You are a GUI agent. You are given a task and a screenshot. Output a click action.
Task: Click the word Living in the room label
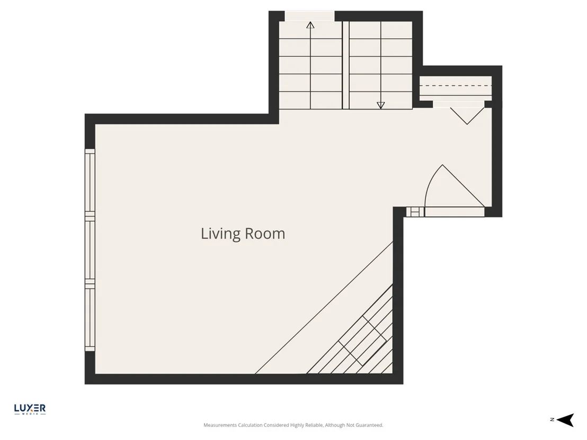tap(220, 234)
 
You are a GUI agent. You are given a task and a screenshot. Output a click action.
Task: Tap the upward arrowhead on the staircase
tap(310, 25)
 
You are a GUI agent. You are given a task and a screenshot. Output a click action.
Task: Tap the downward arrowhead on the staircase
tap(381, 105)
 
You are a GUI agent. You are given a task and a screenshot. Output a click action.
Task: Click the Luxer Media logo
tap(30, 409)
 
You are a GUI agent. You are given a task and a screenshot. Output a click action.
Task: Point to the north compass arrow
tap(565, 420)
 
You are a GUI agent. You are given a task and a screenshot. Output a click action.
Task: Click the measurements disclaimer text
tap(293, 425)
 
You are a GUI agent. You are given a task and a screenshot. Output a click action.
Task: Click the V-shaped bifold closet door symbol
tap(467, 116)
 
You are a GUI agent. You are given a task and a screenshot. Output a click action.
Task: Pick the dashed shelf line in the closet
tap(455, 86)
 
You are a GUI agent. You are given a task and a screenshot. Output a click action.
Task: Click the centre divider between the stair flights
tap(345, 65)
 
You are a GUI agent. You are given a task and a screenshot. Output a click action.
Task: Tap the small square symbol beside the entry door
tap(415, 212)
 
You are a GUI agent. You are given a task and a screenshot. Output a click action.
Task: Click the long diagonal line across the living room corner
tap(324, 308)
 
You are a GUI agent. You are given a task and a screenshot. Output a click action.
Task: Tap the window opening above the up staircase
tap(309, 16)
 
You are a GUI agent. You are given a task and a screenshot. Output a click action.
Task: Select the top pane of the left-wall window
tap(90, 181)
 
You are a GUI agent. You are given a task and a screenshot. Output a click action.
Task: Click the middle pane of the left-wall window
tap(90, 250)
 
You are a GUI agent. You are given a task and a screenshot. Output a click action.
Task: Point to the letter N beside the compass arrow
tap(552, 420)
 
